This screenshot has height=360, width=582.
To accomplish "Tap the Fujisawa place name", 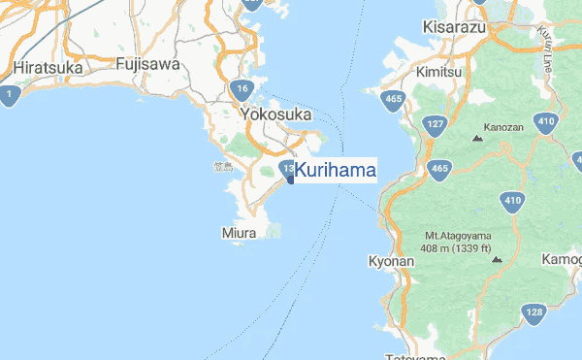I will point(146,64).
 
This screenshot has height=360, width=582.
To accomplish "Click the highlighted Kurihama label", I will point(336,170).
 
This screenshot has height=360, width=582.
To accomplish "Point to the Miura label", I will point(239,234).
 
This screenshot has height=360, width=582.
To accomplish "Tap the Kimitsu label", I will point(441,73).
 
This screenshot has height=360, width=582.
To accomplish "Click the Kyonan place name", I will point(393,262).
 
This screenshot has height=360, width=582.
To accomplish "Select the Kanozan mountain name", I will point(503,127).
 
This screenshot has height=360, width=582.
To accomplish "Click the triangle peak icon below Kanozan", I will point(477,140).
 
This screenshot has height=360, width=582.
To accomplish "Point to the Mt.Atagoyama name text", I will point(458,236).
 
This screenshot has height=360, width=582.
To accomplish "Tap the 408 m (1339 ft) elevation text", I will point(456,248).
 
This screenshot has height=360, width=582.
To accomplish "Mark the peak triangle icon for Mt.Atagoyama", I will point(498,260).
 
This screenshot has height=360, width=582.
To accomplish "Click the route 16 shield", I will point(242,91).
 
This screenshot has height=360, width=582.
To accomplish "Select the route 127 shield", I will point(435,124).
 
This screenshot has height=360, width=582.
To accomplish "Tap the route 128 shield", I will point(533,312).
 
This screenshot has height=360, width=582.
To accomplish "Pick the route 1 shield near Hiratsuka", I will point(9,95).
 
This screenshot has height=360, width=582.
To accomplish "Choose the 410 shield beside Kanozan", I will point(546,122).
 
